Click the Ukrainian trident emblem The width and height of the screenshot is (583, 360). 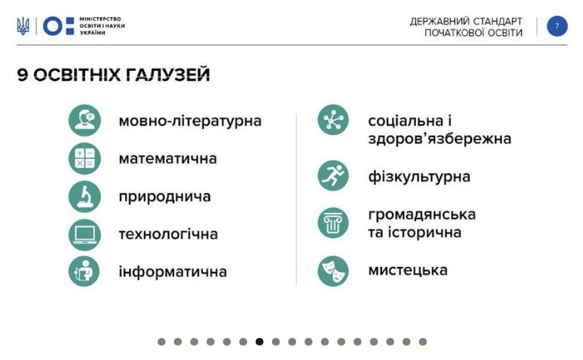(x=23, y=26)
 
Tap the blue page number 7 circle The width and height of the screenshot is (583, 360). (x=557, y=26)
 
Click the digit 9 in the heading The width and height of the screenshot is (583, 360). (x=22, y=75)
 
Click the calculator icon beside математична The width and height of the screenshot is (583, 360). (x=85, y=158)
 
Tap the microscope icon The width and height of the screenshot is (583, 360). (x=85, y=197)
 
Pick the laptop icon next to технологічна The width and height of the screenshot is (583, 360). (x=85, y=234)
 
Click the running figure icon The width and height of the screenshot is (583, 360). (x=333, y=175)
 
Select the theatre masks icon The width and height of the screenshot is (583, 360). (x=333, y=271)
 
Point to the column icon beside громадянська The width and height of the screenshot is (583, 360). (x=333, y=223)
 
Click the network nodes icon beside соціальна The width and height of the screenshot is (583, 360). (x=333, y=120)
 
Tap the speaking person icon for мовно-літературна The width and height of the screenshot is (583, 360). (x=85, y=121)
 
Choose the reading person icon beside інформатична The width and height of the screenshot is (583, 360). (x=85, y=271)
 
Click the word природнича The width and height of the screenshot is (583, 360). (x=165, y=197)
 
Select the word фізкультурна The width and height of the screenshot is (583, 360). (x=419, y=177)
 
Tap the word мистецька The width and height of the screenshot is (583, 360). (x=408, y=271)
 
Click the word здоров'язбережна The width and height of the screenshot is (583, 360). (x=440, y=138)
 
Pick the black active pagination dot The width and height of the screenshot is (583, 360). (x=259, y=342)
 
